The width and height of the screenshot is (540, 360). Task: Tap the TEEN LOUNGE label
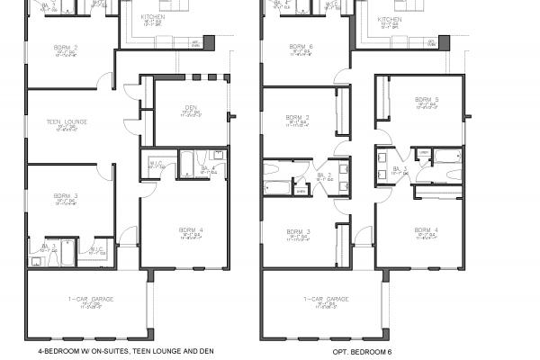point(67,120)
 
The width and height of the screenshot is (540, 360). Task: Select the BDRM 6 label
point(301,46)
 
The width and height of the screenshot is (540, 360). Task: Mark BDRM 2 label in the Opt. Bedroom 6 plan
point(301,118)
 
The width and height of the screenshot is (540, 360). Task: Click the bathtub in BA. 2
point(279,188)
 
